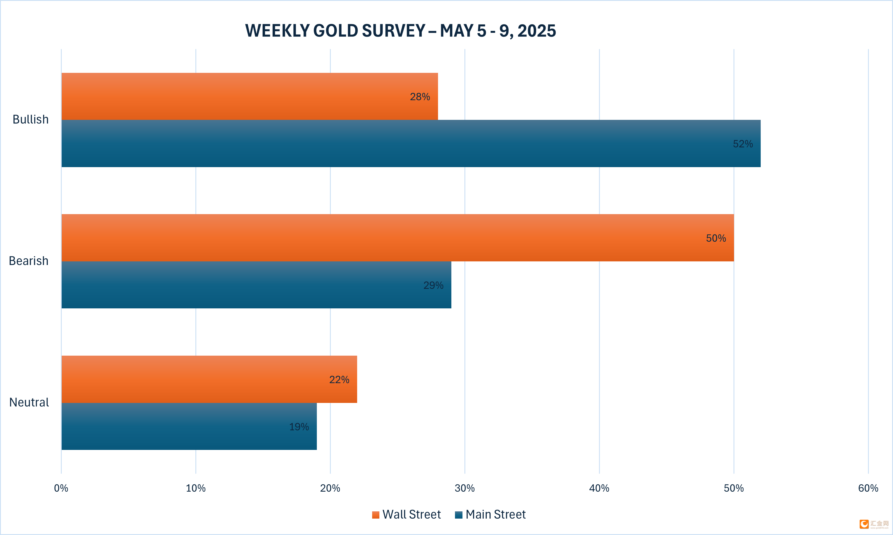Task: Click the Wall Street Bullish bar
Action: click(x=249, y=96)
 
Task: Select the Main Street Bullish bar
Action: click(x=411, y=143)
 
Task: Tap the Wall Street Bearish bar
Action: click(x=397, y=237)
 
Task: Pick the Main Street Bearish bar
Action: click(x=256, y=285)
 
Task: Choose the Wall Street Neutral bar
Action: click(x=209, y=379)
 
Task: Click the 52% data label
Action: click(x=743, y=144)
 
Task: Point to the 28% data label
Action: click(x=420, y=96)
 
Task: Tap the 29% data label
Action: click(x=433, y=285)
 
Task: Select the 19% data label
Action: click(x=299, y=427)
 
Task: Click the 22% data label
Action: click(x=339, y=380)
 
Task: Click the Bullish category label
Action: click(x=31, y=119)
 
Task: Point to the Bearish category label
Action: click(x=28, y=261)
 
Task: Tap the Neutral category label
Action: click(x=29, y=402)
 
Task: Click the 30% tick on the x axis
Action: click(x=464, y=488)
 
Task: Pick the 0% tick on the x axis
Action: click(x=61, y=488)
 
